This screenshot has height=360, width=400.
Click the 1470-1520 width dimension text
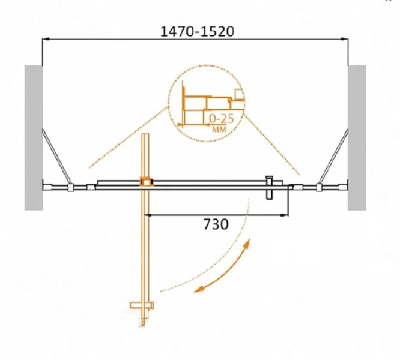click(x=197, y=32)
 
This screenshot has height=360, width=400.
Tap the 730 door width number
click(x=216, y=225)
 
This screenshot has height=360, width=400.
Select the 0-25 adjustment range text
click(x=221, y=119)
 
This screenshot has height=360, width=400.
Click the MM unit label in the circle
click(x=219, y=130)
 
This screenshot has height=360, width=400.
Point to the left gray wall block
click(x=34, y=138)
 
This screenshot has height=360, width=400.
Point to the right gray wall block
click(x=357, y=138)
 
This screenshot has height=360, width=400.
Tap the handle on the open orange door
click(x=142, y=305)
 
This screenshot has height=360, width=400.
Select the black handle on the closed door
click(x=269, y=187)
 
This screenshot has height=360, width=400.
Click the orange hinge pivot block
click(x=146, y=182)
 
